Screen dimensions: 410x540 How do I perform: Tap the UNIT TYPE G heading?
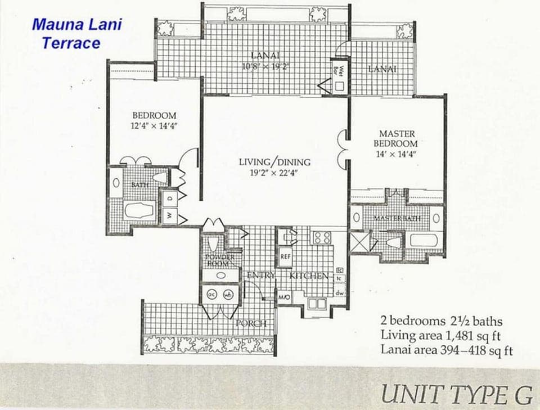click(x=456, y=394)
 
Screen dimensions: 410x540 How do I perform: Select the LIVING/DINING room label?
click(x=274, y=162)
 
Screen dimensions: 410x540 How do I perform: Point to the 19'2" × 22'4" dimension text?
click(x=274, y=173)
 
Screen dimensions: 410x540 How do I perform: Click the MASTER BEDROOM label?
click(x=397, y=139)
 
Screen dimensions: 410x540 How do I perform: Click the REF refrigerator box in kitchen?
click(x=285, y=256)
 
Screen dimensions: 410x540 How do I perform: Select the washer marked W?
click(x=169, y=215)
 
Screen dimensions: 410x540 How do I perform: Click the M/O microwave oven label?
click(x=283, y=296)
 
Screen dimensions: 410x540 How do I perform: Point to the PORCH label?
click(x=251, y=323)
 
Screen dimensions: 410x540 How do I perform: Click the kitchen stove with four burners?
click(x=322, y=237)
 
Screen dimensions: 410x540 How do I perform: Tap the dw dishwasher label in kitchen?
click(x=340, y=292)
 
